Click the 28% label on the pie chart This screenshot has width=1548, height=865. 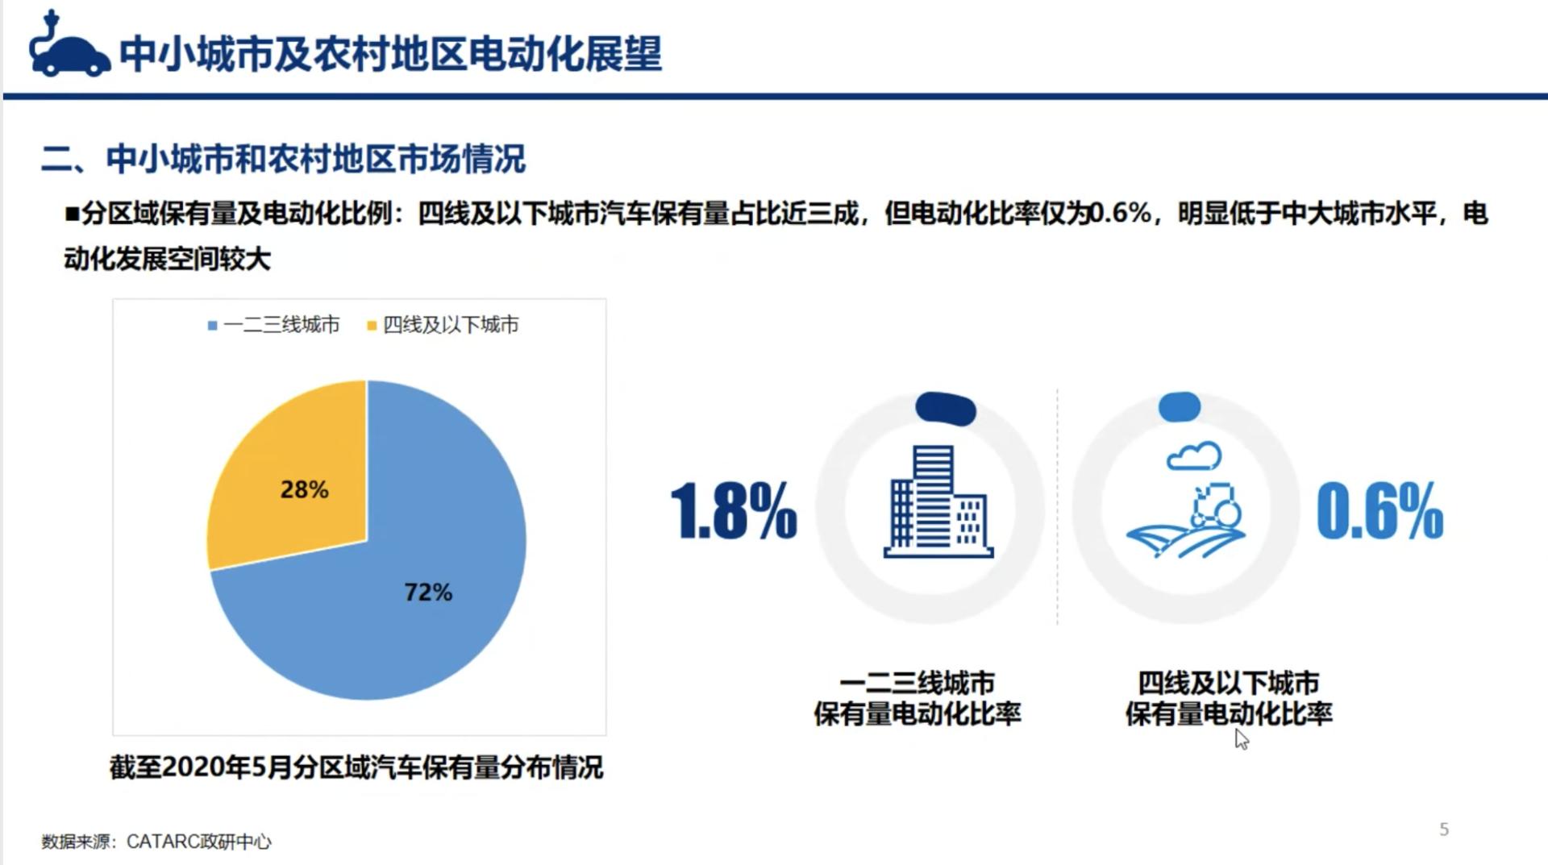pos(304,489)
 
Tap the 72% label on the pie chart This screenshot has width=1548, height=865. pos(428,593)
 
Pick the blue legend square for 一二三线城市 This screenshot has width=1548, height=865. pos(212,326)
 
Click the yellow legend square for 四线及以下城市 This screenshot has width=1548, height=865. pos(372,326)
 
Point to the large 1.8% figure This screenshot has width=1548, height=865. pos(734,510)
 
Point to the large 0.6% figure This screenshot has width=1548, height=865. pos(1379,510)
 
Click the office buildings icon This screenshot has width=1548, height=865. pos(938,501)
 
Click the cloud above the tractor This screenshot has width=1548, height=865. pos(1194,456)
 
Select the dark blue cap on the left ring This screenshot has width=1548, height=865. pos(946,409)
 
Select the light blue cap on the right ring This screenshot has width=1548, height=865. pos(1180,407)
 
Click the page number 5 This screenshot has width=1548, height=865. pos(1444,830)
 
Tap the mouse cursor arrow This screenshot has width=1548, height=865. pos(1242,739)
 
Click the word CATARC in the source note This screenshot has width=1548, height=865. pos(164,842)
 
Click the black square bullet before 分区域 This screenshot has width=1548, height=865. pos(73,214)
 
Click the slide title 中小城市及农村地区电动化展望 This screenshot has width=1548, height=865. pos(391,54)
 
